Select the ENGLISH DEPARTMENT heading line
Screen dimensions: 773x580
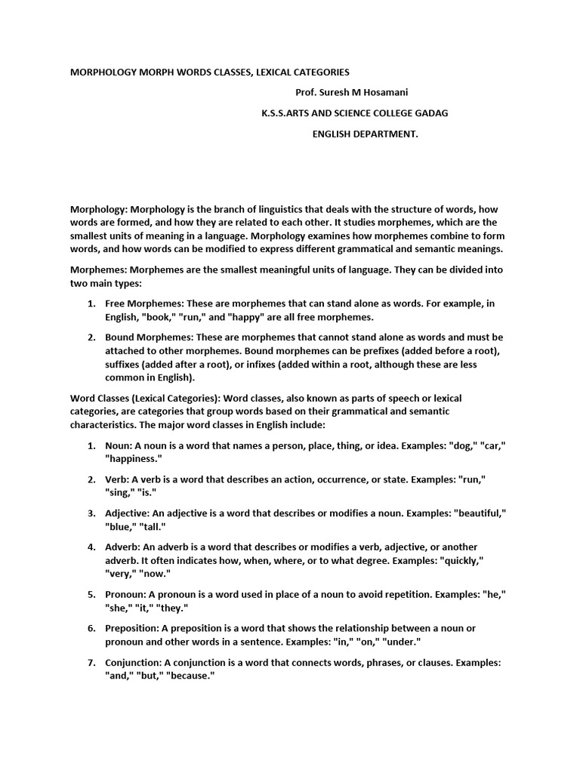point(365,134)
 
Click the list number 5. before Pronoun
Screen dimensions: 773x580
point(91,595)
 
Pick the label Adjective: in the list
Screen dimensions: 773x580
point(131,513)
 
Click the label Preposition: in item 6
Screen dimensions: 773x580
point(134,629)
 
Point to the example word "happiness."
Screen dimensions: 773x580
point(134,459)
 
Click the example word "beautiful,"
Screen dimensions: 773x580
point(480,513)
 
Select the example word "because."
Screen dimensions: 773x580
point(190,676)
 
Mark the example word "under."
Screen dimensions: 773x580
point(397,642)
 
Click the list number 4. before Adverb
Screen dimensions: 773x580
point(91,547)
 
